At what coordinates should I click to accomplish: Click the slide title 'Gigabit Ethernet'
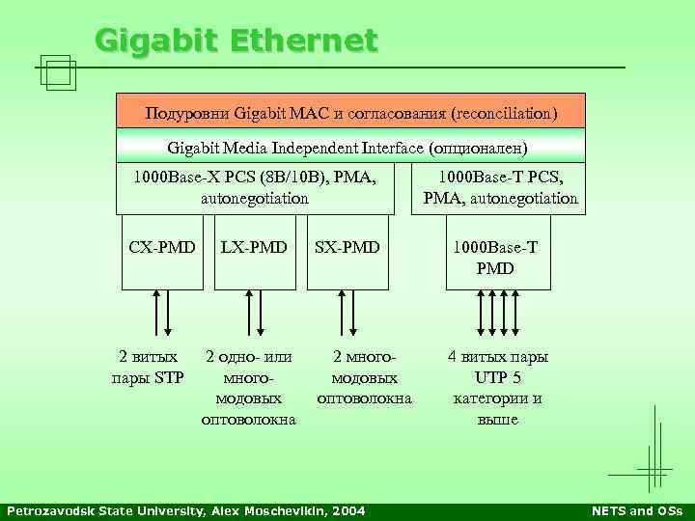pyautogui.click(x=236, y=41)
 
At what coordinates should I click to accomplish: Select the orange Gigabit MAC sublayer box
pyautogui.click(x=350, y=114)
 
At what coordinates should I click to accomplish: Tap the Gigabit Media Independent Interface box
pyautogui.click(x=350, y=148)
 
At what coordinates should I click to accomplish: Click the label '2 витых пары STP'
pyautogui.click(x=149, y=367)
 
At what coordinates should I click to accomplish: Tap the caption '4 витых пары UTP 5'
pyautogui.click(x=498, y=367)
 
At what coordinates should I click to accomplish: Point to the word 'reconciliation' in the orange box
pyautogui.click(x=503, y=114)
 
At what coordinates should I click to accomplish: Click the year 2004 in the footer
pyautogui.click(x=347, y=510)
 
